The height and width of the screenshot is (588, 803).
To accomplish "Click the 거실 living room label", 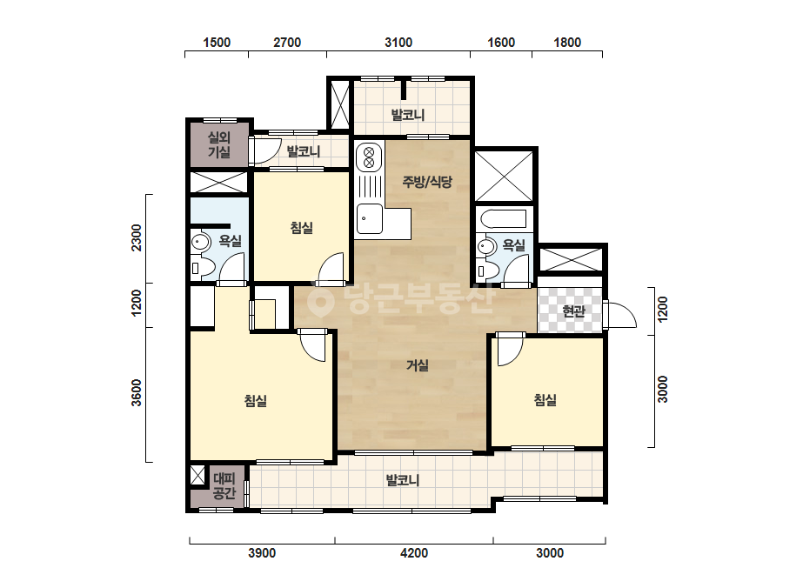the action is (418, 365).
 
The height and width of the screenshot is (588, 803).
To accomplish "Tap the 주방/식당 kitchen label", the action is (427, 181).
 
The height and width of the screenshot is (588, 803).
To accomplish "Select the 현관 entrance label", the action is (573, 311).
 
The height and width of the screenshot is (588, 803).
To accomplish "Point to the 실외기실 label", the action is (219, 144).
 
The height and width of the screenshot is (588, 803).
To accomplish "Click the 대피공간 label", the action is (224, 486).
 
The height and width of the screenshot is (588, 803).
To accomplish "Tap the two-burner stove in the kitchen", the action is (369, 157).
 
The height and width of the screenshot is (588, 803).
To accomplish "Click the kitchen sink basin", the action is (369, 218).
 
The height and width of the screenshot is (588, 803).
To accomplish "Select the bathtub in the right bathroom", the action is (504, 218).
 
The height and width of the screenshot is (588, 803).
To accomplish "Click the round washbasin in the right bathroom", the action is (486, 247).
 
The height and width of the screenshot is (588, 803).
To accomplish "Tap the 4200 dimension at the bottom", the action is (414, 553).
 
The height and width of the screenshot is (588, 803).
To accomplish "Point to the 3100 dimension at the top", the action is (398, 43).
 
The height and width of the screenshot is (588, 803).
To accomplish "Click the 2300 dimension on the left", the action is (137, 237).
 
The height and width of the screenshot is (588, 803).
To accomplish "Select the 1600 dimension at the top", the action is (501, 43).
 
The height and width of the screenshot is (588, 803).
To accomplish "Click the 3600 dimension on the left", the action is (137, 392).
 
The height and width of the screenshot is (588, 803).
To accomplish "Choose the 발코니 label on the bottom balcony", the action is (403, 480).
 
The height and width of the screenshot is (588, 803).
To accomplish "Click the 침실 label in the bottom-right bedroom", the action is (545, 399).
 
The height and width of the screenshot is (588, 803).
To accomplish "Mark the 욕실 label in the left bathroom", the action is (230, 241).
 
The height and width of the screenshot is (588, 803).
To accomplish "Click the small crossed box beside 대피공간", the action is (197, 475).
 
